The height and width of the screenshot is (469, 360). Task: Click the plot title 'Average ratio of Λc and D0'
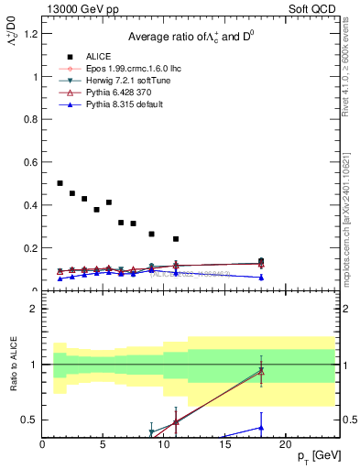pyautogui.click(x=191, y=36)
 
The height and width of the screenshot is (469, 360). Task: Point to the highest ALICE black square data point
pyautogui.click(x=60, y=183)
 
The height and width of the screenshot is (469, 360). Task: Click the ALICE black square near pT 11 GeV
pyautogui.click(x=176, y=239)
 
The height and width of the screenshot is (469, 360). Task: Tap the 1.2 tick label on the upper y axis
pyautogui.click(x=30, y=34)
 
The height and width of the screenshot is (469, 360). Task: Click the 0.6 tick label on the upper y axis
pyautogui.click(x=30, y=162)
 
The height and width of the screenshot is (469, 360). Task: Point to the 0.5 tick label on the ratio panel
pyautogui.click(x=30, y=420)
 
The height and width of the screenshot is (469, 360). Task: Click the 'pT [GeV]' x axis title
pyautogui.click(x=319, y=455)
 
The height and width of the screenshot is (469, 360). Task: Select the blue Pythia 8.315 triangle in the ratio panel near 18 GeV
pyautogui.click(x=261, y=427)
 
